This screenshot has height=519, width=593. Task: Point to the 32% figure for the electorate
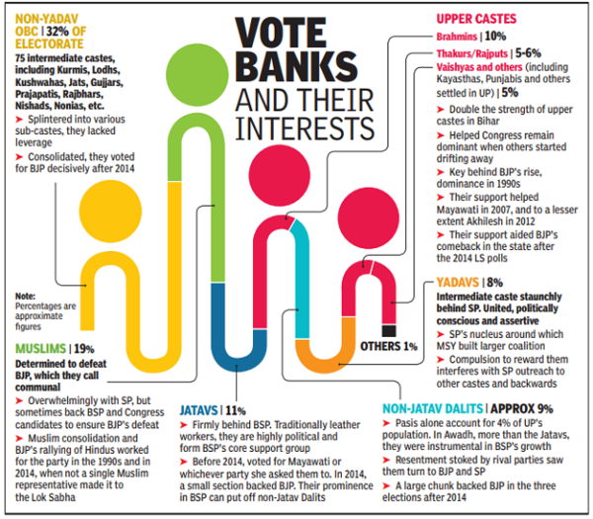[111, 16]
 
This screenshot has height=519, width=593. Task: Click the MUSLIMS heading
[42, 349]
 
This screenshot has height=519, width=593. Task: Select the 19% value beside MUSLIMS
[85, 349]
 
